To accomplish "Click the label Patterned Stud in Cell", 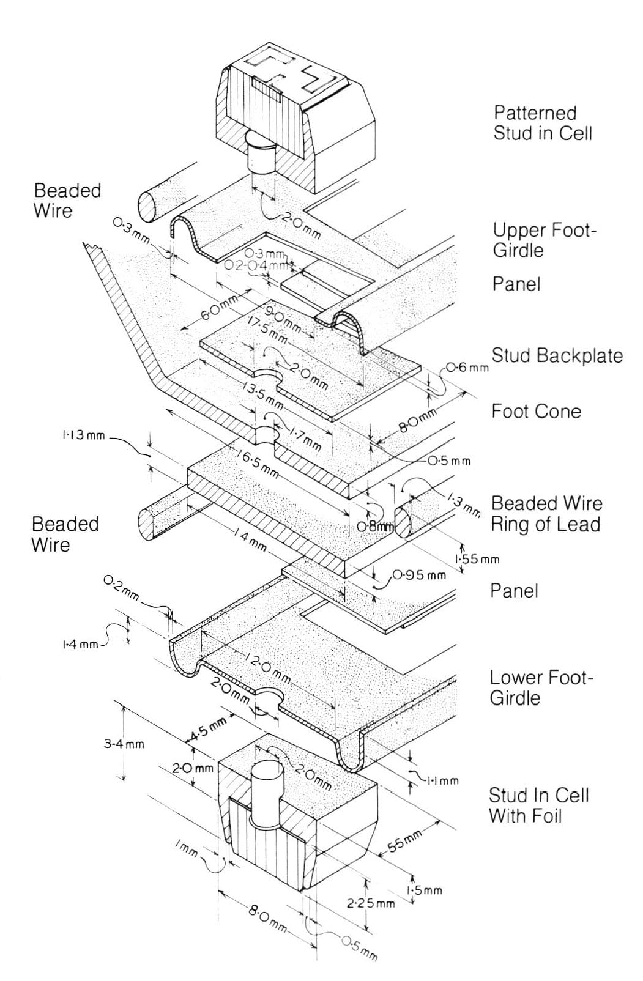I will click(x=543, y=123).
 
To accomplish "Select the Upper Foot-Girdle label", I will click(x=544, y=240).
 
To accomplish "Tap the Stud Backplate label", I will click(x=557, y=355).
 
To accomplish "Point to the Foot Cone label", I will click(x=536, y=411).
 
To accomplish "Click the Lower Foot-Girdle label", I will click(x=541, y=687).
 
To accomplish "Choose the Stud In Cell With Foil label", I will click(x=538, y=805).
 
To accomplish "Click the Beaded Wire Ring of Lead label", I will click(x=546, y=514).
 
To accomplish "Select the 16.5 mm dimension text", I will click(x=259, y=463).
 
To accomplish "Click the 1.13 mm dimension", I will click(x=83, y=436).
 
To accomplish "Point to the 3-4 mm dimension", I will click(x=124, y=744).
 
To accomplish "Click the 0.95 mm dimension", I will click(x=420, y=575).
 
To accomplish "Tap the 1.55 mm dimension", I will click(x=477, y=559).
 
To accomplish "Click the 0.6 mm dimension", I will click(x=467, y=368).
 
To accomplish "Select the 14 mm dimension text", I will click(x=250, y=540).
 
